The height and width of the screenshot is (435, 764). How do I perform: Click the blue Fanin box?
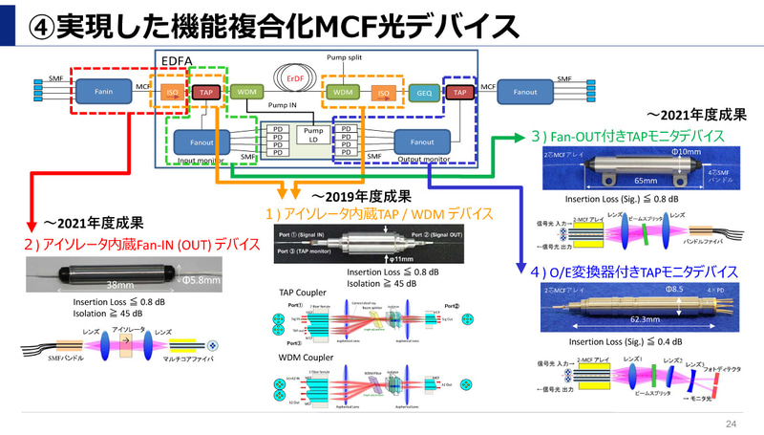pos(106,92)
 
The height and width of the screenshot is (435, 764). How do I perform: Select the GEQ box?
pos(424,93)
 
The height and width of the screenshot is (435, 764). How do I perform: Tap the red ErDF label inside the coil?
pos(295,78)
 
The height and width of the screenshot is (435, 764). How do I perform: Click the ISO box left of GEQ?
pos(381,93)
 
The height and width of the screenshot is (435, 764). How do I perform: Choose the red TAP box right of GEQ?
pos(461,93)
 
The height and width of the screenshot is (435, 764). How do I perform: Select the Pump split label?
pos(345,57)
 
